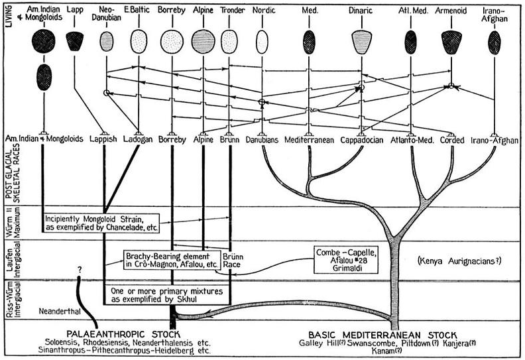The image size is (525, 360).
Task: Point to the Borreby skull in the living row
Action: [x=172, y=41]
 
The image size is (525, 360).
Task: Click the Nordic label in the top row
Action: [x=264, y=12]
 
